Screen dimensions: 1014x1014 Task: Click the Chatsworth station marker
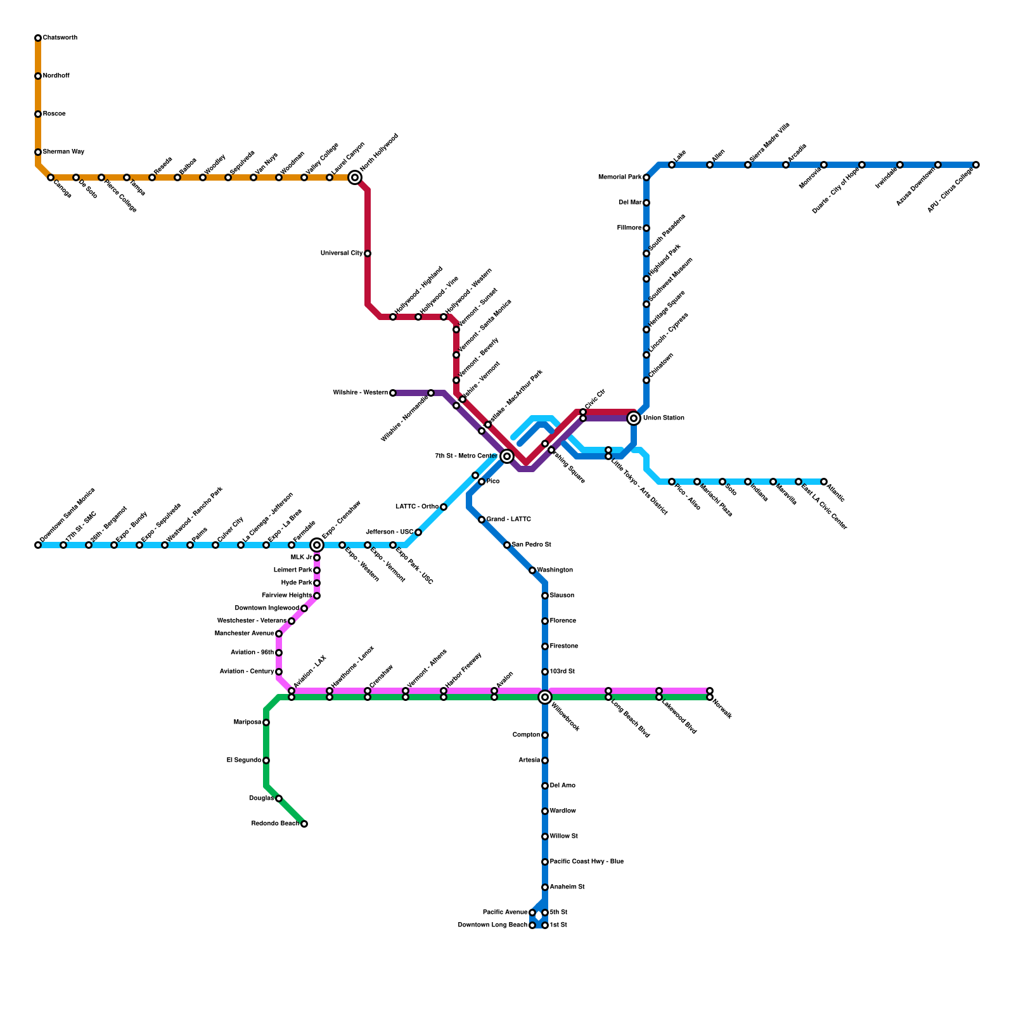(x=38, y=38)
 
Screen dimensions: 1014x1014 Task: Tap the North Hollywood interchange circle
(x=355, y=177)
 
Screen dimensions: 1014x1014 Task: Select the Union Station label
(x=664, y=418)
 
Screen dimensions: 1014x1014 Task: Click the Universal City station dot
(x=368, y=253)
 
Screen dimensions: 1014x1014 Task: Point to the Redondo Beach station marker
(x=304, y=824)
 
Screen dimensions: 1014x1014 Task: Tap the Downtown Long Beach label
(x=492, y=925)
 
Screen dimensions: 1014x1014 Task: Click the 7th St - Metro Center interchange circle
(x=507, y=456)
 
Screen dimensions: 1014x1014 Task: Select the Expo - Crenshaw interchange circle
(x=317, y=545)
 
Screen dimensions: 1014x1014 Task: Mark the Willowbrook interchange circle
(x=545, y=697)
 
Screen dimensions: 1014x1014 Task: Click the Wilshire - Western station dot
(x=393, y=393)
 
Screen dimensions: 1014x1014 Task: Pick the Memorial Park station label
(x=620, y=177)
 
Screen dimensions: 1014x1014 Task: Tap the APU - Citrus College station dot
(x=976, y=165)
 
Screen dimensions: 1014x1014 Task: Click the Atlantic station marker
(x=824, y=482)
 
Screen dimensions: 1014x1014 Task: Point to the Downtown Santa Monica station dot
(x=38, y=545)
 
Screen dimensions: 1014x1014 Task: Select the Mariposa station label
(x=247, y=722)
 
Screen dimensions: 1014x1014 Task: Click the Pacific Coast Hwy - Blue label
(x=587, y=862)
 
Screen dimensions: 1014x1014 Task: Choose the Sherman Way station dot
(x=38, y=152)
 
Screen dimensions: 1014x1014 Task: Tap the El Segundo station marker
(x=266, y=760)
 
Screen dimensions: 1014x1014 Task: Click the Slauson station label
(x=562, y=596)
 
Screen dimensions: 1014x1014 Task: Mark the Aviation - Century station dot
(x=279, y=672)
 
